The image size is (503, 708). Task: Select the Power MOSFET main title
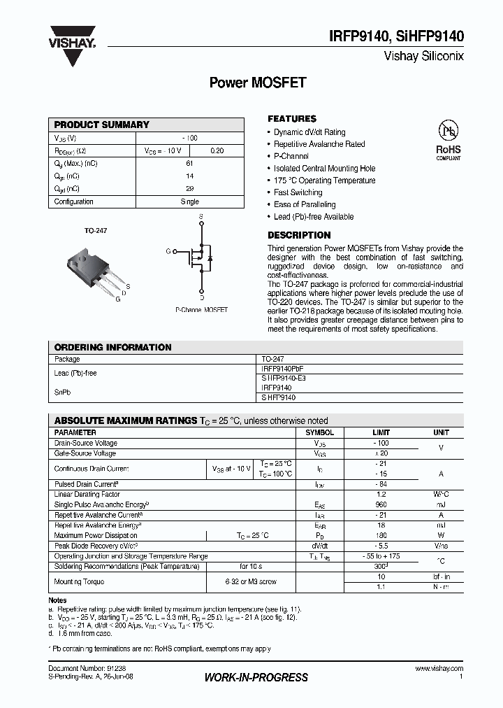[x=257, y=83]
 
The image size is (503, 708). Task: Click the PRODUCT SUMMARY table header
[x=102, y=125]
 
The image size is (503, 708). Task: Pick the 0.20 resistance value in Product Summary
[x=217, y=150]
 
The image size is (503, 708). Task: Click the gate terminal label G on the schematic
[x=168, y=250]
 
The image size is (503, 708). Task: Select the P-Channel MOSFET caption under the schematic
[x=201, y=309]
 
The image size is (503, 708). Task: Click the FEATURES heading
[x=292, y=119]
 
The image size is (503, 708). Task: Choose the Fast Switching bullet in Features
[x=298, y=192]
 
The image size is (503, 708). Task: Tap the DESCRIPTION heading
[x=299, y=235]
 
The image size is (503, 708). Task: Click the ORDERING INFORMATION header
[x=112, y=347]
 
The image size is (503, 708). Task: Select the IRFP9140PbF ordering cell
[x=282, y=368]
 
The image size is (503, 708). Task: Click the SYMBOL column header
[x=320, y=432]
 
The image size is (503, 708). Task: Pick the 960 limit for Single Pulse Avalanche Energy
[x=381, y=504]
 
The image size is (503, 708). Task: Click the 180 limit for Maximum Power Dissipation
[x=381, y=535]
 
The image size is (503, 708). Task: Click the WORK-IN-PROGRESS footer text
[x=256, y=677]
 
